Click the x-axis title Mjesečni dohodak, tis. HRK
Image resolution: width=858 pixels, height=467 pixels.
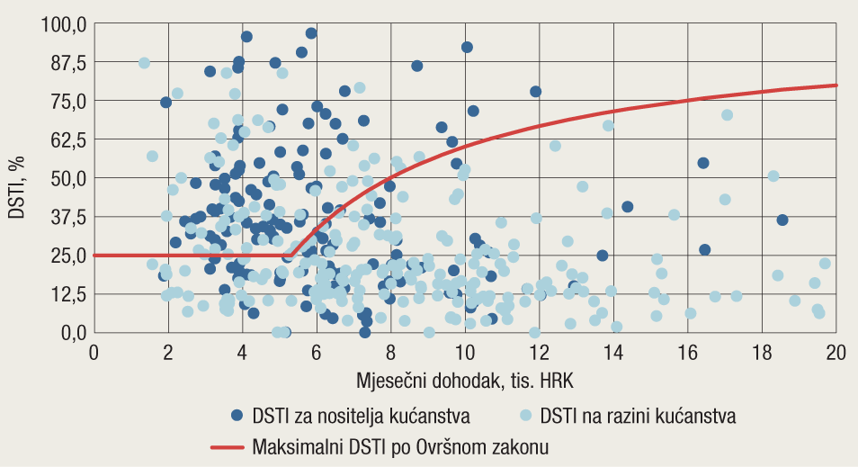pyautogui.click(x=465, y=381)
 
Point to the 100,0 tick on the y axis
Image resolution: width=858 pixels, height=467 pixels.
pyautogui.click(x=63, y=23)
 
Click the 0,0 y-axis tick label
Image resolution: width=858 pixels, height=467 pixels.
pyautogui.click(x=70, y=333)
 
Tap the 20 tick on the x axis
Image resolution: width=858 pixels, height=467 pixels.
pyautogui.click(x=836, y=353)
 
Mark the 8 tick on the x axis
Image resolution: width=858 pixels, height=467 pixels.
pyautogui.click(x=390, y=353)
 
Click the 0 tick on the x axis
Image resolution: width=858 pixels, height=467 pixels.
pyautogui.click(x=94, y=353)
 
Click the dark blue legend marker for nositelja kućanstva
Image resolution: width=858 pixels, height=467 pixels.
pyautogui.click(x=237, y=416)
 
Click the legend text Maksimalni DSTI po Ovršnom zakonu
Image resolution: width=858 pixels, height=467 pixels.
pyautogui.click(x=401, y=445)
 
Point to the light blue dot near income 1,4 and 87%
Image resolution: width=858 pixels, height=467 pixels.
pyautogui.click(x=144, y=63)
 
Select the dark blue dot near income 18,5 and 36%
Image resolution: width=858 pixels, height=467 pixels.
pyautogui.click(x=782, y=220)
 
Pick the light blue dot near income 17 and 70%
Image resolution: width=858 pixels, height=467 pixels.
pyautogui.click(x=727, y=115)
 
